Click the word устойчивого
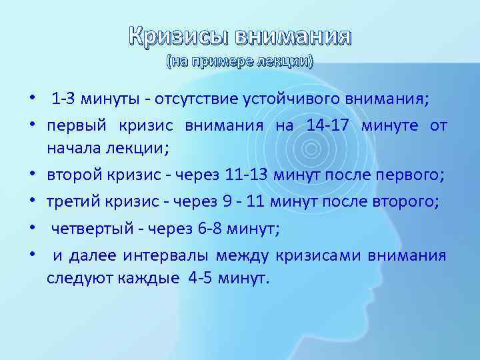tap(281, 100)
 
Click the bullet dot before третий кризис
tap(33, 203)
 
